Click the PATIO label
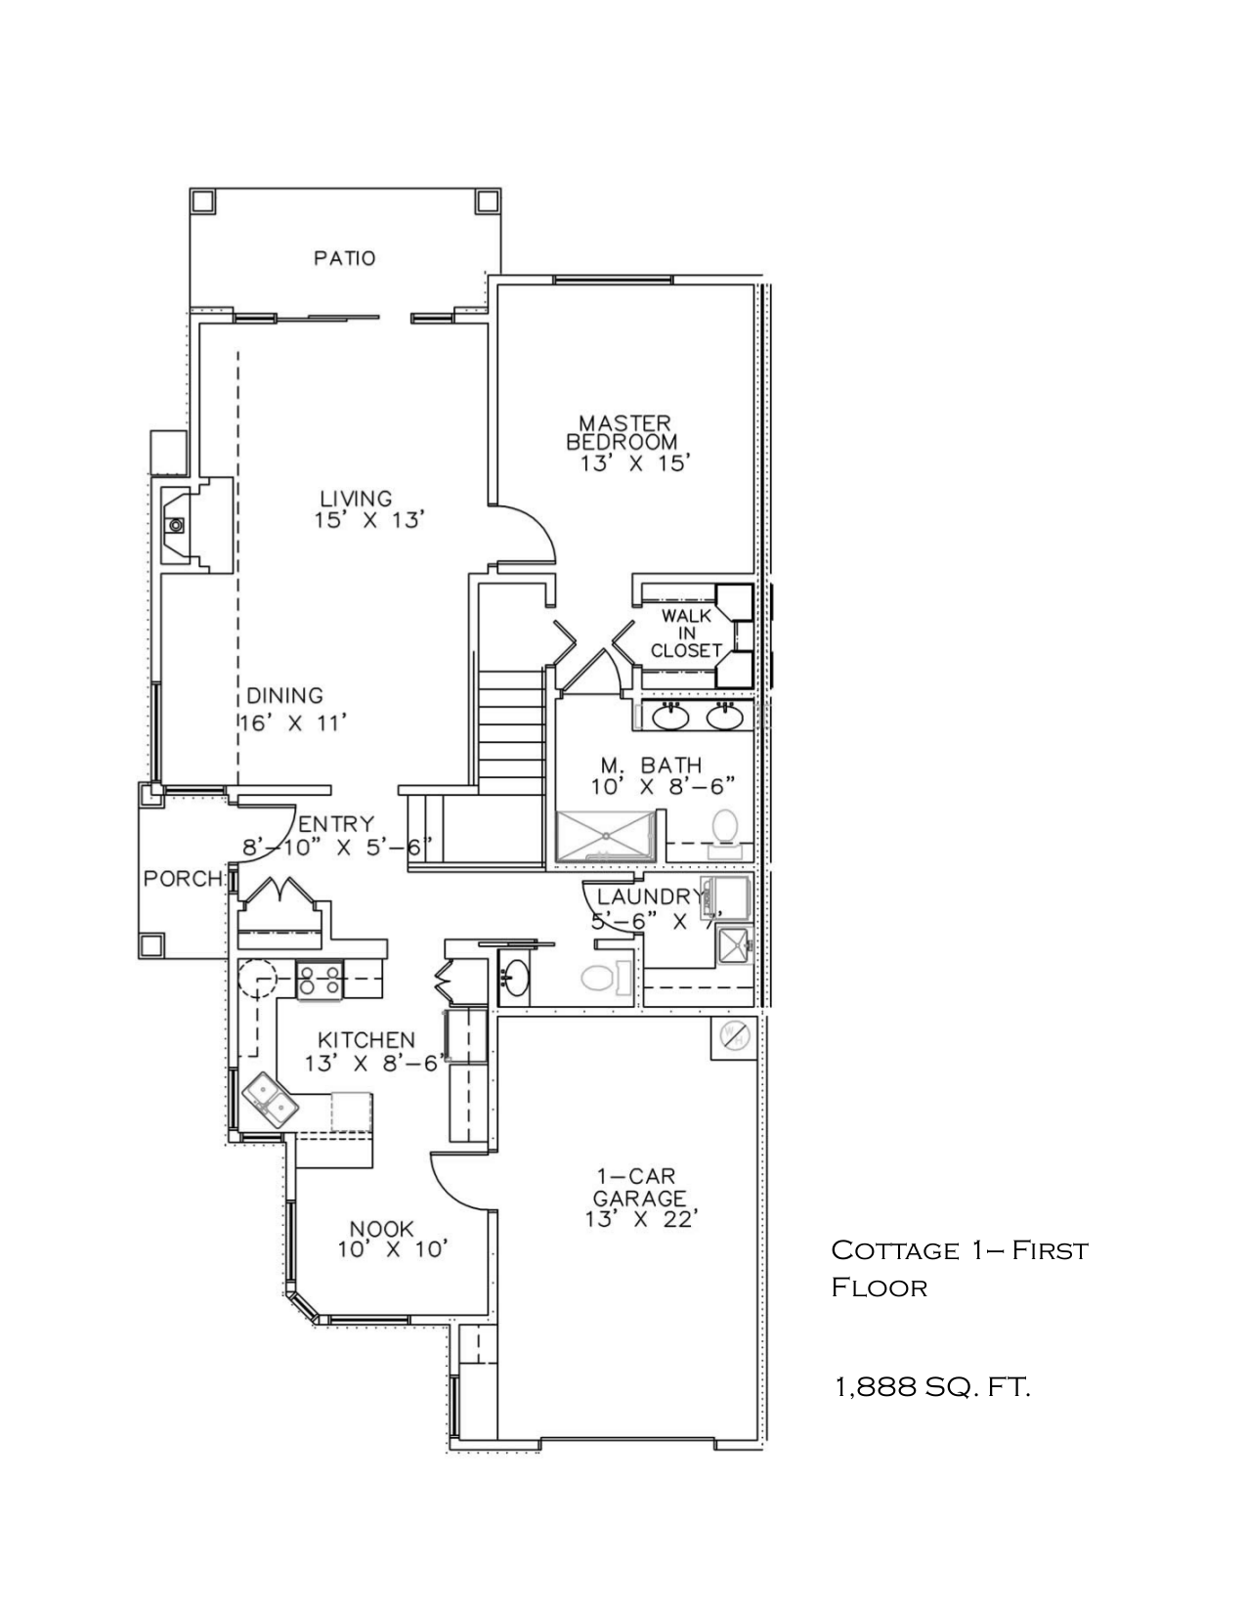point(344,259)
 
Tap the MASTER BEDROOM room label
point(623,433)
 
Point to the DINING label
point(284,696)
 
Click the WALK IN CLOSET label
point(686,633)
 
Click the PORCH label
point(183,879)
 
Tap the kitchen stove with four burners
point(320,980)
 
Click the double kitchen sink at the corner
point(271,1099)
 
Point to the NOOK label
point(382,1229)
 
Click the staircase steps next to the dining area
point(511,727)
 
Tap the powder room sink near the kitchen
point(515,976)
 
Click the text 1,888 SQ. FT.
point(931,1386)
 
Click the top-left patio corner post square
point(202,201)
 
